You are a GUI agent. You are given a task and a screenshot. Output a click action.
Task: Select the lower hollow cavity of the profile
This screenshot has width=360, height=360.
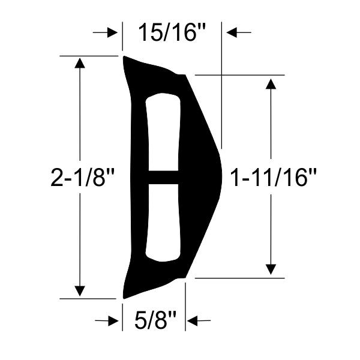pyautogui.click(x=163, y=222)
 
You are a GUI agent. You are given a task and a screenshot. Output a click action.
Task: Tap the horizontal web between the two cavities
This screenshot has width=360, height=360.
pyautogui.click(x=163, y=177)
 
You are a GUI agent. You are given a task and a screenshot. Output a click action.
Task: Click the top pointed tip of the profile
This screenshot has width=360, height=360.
pyautogui.click(x=125, y=58)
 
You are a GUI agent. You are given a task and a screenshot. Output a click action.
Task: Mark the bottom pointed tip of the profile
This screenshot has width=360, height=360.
pyautogui.click(x=124, y=296)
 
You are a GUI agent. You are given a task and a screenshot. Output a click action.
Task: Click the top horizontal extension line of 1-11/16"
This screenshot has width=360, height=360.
pyautogui.click(x=240, y=75)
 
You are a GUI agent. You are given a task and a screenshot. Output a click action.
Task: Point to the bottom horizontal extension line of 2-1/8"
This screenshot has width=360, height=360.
pyautogui.click(x=90, y=298)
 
